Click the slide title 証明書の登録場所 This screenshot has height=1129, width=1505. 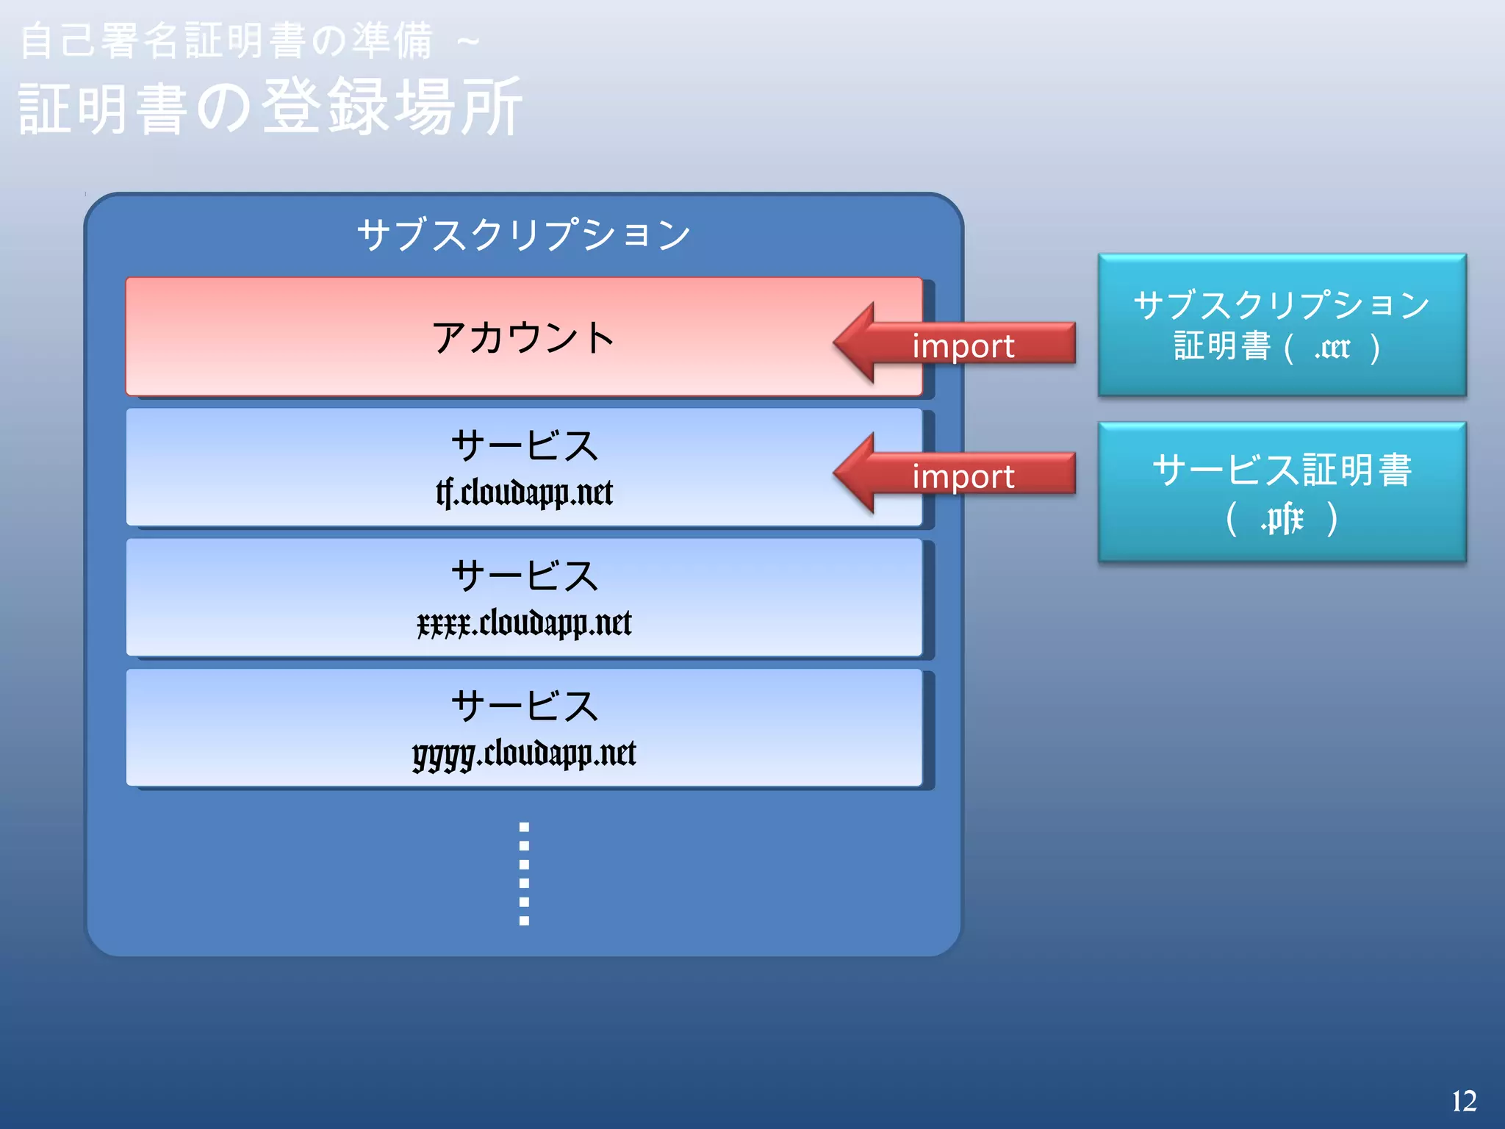pos(270,107)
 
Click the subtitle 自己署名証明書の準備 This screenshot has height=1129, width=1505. pos(226,40)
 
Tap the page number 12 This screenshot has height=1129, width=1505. pos(1463,1101)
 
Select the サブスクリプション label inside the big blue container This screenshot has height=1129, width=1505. pos(523,234)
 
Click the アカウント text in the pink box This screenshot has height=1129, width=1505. pos(523,337)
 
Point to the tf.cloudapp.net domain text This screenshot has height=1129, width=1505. pos(524,492)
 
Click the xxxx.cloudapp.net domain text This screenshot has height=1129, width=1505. pos(524,623)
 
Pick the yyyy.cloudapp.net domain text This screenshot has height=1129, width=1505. pos(524,753)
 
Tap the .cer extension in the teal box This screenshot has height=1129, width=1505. pos(1332,347)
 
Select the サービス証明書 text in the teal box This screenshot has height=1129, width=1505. pos(1282,470)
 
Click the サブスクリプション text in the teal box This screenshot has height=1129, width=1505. pos(1282,304)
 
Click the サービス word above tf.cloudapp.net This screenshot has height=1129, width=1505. pos(524,445)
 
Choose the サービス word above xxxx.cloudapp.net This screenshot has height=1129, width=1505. pos(524,576)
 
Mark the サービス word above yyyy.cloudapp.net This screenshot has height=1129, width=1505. pos(524,706)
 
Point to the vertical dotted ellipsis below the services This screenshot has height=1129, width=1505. pos(524,873)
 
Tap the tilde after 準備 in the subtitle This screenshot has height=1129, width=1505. pos(468,42)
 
